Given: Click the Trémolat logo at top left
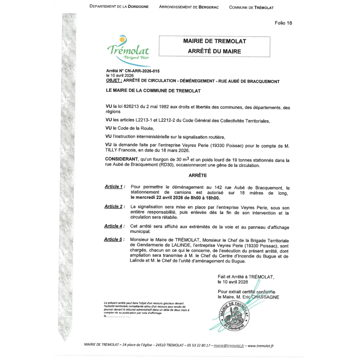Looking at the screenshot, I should pos(128,49).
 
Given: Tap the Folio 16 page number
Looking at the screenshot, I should pos(283,23).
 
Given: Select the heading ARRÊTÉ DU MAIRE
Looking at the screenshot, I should pos(214,51).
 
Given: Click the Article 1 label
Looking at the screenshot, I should pos(114,187).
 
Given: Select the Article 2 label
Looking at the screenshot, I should pos(113,207).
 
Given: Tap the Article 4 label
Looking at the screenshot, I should pos(113,226).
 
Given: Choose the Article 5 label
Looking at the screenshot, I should pos(113,240).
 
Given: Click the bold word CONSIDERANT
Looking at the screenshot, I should pos(121,159).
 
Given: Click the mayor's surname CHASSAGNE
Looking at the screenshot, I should pos(265,297).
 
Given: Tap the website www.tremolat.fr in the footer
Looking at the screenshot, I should pos(260,346).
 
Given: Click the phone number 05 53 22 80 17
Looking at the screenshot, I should pos(199,345).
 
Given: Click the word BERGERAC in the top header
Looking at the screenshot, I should pos(208,7).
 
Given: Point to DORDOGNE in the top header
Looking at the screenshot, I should pos(138,6).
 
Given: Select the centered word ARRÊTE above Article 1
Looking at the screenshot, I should pos(198,175).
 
